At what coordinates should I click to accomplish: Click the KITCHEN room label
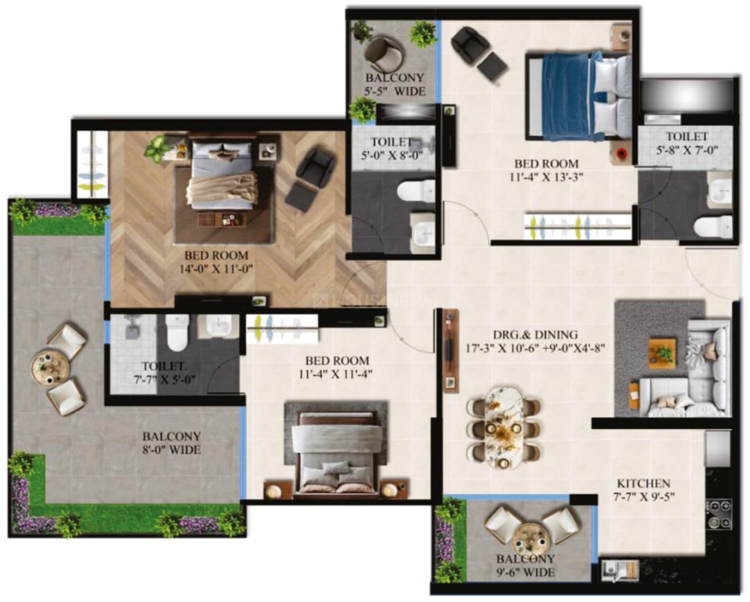coord(643,484)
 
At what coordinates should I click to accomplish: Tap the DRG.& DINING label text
coord(535,335)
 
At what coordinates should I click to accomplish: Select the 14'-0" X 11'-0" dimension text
coord(216,269)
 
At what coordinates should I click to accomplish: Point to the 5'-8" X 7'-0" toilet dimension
coord(687,149)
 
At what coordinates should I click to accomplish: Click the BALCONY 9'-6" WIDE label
coord(525,565)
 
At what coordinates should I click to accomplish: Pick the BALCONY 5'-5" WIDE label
coord(395,85)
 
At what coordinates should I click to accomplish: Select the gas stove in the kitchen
coord(719,514)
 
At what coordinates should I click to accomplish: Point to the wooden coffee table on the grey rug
coord(663,353)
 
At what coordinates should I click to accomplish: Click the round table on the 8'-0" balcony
coord(50,368)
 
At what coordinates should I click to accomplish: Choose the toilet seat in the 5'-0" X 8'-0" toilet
coord(416,192)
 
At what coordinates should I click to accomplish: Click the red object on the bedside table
coord(622,153)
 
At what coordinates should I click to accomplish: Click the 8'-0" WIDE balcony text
coord(172,450)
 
